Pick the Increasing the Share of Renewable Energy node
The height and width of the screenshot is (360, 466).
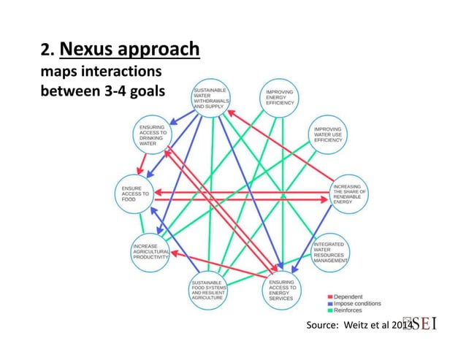point(350,192)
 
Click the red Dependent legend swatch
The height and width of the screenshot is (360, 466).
point(329,296)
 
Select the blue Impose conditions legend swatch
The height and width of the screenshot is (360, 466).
point(329,303)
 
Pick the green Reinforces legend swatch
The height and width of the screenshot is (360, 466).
point(329,310)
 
